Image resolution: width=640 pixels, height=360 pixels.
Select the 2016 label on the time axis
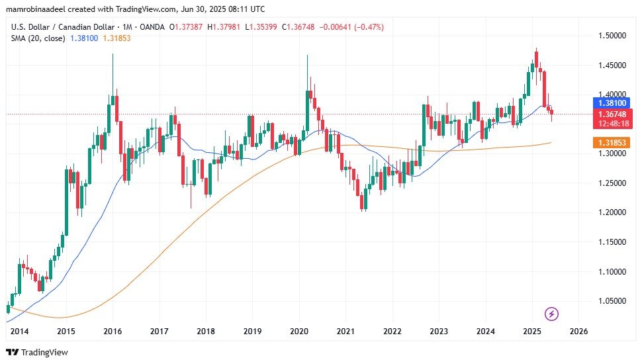[x=113, y=331]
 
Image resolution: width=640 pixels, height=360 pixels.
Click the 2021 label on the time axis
[x=345, y=331]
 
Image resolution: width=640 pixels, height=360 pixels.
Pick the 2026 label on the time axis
[x=578, y=331]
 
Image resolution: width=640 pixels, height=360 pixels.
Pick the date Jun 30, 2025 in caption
[x=208, y=9]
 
